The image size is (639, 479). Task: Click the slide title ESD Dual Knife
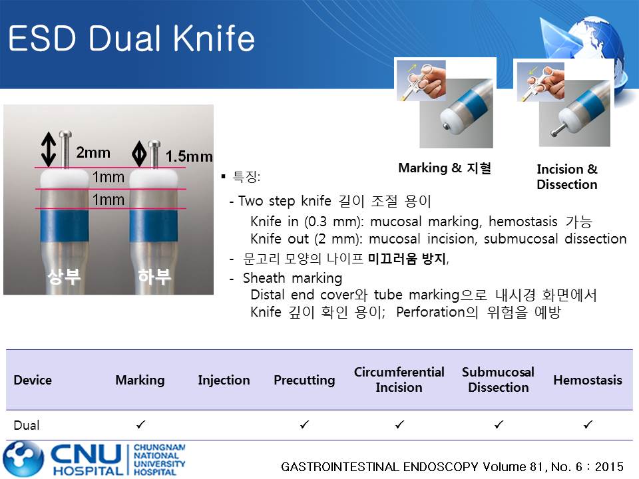131,39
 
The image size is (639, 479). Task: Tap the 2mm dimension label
93,153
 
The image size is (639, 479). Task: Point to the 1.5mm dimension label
189,156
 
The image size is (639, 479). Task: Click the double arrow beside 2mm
49,149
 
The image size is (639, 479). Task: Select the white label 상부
65,276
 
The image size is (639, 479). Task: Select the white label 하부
154,276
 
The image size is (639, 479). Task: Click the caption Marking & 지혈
445,168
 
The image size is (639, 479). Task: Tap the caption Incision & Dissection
567,177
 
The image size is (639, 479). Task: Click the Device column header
33,380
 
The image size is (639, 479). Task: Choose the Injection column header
224,380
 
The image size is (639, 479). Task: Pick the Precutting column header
304,380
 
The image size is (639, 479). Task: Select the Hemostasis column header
588,380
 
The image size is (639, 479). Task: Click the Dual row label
27,425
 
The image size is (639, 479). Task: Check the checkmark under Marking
140,425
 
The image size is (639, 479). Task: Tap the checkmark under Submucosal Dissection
499,425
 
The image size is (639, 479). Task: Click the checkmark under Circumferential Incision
400,425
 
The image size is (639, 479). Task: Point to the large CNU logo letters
86,454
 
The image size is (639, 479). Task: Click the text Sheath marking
292,278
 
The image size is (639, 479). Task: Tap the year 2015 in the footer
609,466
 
